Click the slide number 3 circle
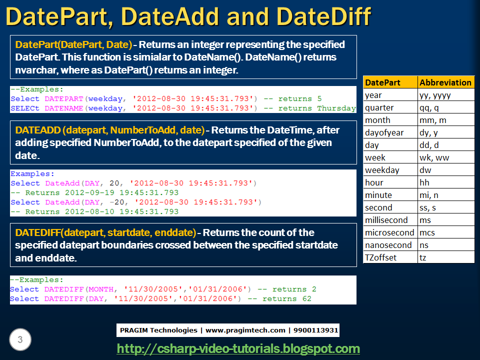[20, 340]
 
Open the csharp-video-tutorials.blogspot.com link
[238, 348]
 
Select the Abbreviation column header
[445, 82]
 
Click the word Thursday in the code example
[336, 108]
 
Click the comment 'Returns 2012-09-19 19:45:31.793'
[101, 193]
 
